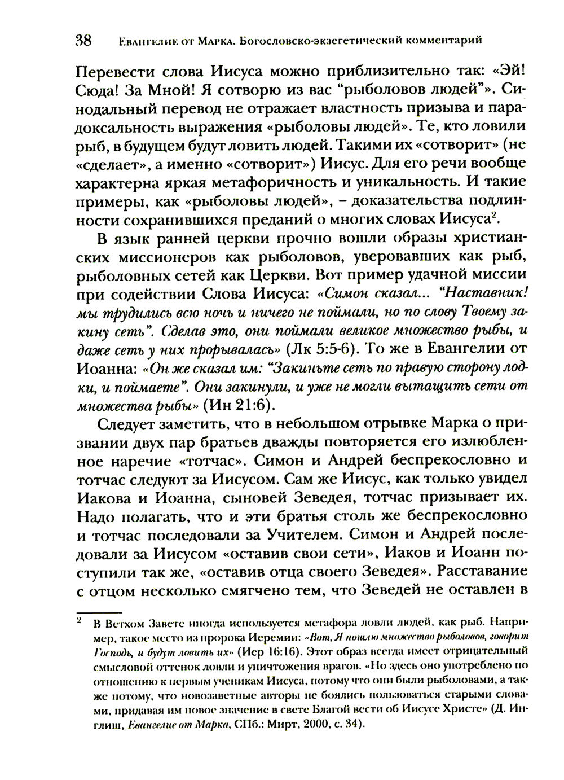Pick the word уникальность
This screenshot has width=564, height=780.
point(403,183)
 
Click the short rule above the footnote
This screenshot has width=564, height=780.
point(99,612)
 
